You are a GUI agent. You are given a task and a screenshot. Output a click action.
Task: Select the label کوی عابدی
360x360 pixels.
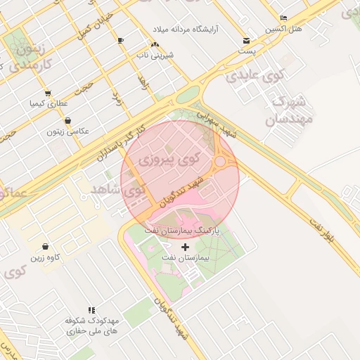pyautogui.click(x=244, y=75)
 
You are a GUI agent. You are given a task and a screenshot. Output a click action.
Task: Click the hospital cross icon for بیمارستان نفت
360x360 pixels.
pyautogui.click(x=186, y=247)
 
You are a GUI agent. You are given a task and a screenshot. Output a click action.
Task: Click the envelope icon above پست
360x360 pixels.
pyautogui.click(x=246, y=41)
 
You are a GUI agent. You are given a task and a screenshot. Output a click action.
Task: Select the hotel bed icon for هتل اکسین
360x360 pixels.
pyautogui.click(x=283, y=18)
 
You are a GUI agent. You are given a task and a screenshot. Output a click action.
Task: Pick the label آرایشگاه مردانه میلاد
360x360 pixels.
pyautogui.click(x=186, y=29)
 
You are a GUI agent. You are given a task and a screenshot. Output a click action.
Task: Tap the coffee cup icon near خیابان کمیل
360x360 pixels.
pyautogui.click(x=121, y=40)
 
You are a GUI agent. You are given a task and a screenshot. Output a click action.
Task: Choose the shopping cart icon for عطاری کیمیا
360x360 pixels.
pyautogui.click(x=47, y=93)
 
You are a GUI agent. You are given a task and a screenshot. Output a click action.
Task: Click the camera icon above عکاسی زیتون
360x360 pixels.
pyautogui.click(x=67, y=120)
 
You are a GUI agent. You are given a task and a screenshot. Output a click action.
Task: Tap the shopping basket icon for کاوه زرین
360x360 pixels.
pyautogui.click(x=46, y=247)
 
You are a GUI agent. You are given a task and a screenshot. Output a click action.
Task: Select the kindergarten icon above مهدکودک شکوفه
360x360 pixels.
pyautogui.click(x=91, y=309)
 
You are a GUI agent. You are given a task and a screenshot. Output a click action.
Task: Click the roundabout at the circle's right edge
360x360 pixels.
pyautogui.click(x=220, y=162)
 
